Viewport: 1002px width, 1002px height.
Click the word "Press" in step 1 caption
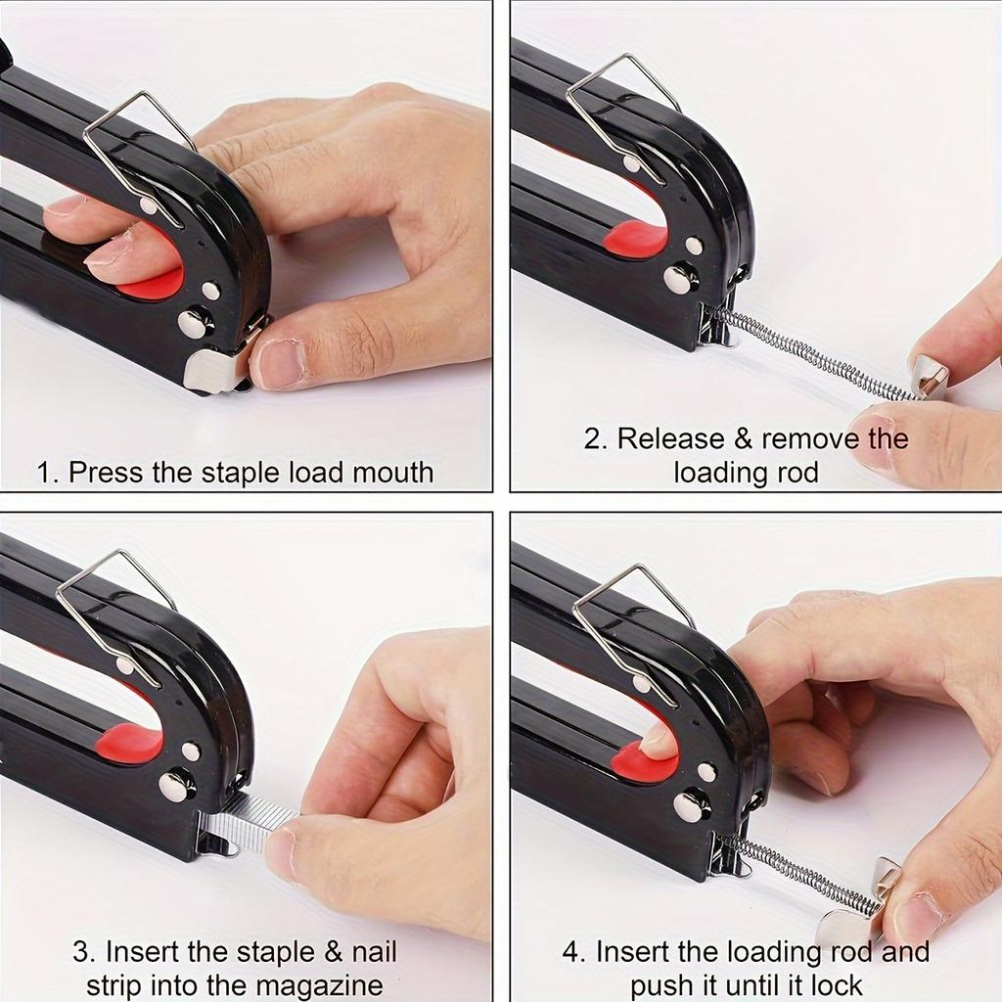(107, 473)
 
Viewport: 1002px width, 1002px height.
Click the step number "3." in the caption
(84, 951)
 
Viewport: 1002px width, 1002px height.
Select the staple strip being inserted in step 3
(249, 821)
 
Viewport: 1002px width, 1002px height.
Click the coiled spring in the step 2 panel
(812, 357)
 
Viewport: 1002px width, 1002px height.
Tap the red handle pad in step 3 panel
(131, 744)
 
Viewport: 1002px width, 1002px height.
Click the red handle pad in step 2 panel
(635, 239)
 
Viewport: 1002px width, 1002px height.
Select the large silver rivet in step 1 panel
(196, 322)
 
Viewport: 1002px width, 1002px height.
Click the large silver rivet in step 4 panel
(692, 804)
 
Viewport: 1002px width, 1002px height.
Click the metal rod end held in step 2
(928, 377)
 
